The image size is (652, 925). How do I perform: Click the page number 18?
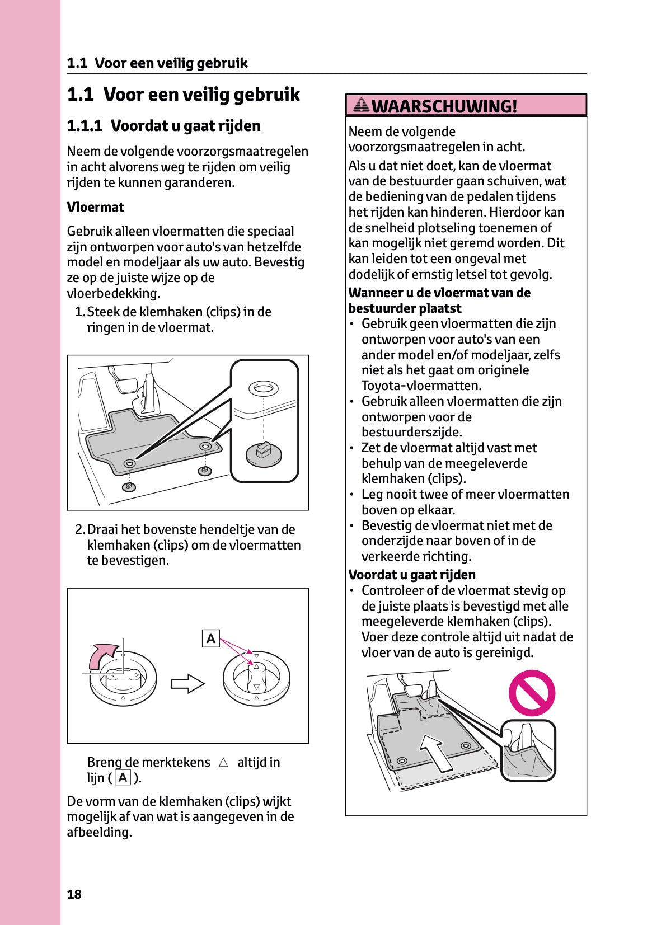[x=74, y=894]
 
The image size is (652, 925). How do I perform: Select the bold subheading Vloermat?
[x=95, y=207]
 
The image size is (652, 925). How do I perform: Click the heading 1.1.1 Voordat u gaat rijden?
[x=163, y=126]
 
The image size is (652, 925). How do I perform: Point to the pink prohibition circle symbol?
[x=531, y=693]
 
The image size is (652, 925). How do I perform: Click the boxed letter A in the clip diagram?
[x=210, y=638]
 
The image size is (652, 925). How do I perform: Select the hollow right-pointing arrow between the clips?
[x=187, y=683]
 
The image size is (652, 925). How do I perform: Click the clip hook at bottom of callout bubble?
[x=264, y=453]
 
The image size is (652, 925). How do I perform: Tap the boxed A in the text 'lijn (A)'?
[x=122, y=778]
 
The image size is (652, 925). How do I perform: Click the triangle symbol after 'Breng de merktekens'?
[x=223, y=763]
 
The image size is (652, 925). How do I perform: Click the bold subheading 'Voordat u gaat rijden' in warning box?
[x=412, y=575]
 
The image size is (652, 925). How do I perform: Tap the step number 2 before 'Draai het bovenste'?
[x=79, y=529]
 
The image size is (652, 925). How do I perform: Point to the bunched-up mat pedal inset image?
[x=527, y=750]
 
